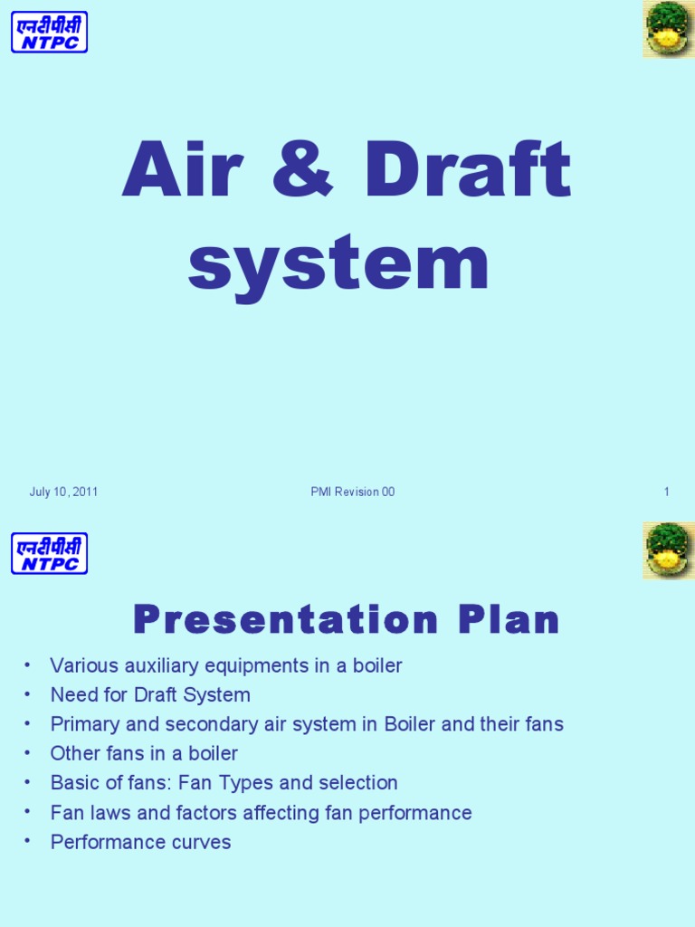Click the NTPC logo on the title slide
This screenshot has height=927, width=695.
pos(49,32)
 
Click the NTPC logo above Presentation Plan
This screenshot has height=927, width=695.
pos(49,553)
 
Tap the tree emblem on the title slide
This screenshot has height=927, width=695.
pos(669,29)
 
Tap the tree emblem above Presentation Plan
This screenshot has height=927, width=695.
pos(669,550)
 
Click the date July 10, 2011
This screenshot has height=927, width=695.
pos(63,492)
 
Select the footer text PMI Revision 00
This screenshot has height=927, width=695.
pos(352,492)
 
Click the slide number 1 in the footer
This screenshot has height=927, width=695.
pos(666,492)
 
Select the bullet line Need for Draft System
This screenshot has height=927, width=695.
pos(150,695)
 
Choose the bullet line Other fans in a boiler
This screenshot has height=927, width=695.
pos(144,754)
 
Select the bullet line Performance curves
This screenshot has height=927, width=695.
pos(140,843)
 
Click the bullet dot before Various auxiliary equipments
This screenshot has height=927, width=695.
pos(28,664)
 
